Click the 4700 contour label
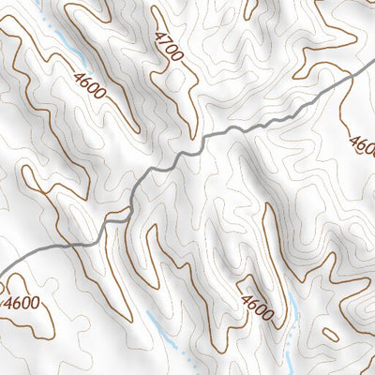168,47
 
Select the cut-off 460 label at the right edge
363,145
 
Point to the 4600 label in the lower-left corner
22,302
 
